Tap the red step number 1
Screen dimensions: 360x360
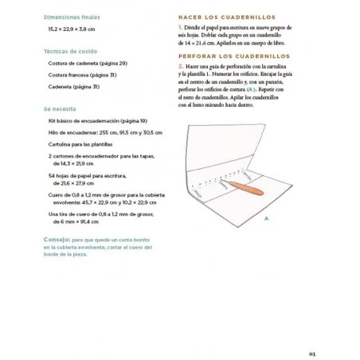pyautogui.click(x=181, y=27)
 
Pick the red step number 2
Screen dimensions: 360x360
pyautogui.click(x=181, y=68)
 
